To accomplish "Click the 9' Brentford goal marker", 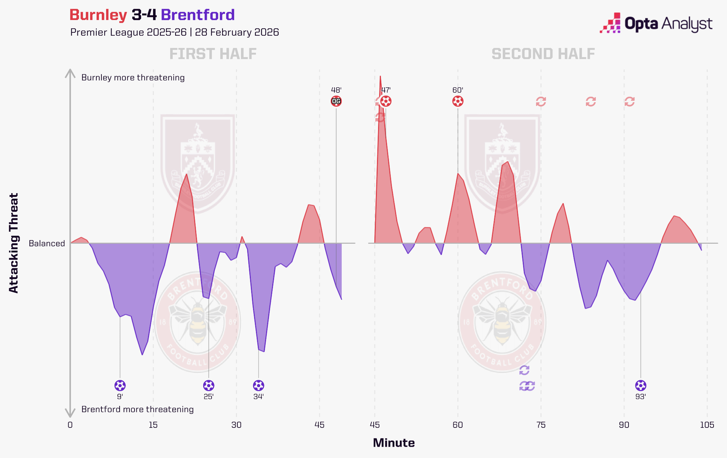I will [x=120, y=385].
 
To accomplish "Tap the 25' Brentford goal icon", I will [x=209, y=385].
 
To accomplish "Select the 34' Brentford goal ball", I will [x=258, y=385].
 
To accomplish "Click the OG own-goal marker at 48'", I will [x=336, y=101].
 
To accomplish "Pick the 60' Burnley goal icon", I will [x=458, y=101].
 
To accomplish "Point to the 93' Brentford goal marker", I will [x=640, y=385].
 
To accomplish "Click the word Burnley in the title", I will [x=98, y=15].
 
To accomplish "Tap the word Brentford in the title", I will [x=198, y=15].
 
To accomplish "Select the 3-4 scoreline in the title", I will [x=144, y=15].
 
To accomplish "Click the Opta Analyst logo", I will [x=656, y=24].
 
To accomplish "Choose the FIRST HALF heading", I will [x=213, y=54].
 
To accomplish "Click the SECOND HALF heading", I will [x=543, y=54].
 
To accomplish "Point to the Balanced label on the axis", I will [x=47, y=243].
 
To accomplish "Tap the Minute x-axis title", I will [x=394, y=443].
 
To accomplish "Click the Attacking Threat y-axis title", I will [x=14, y=243].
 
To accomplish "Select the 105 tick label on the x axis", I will [x=707, y=425].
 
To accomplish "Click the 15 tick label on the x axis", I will [x=153, y=425].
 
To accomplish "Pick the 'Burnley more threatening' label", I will [x=133, y=77].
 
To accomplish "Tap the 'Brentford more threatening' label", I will [x=137, y=409].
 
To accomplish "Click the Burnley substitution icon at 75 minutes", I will [x=541, y=101].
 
